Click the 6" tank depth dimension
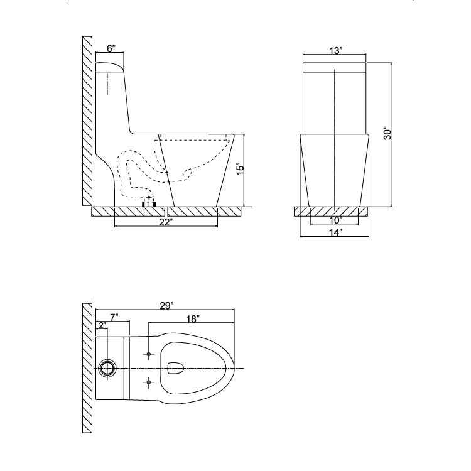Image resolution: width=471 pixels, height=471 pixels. [x=110, y=48]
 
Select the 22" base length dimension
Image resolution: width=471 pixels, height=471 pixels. [x=166, y=222]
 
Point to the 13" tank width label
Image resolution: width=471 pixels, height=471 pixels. [x=335, y=51]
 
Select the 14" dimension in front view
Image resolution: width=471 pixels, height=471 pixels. [x=335, y=233]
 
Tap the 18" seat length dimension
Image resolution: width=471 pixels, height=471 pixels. [x=193, y=319]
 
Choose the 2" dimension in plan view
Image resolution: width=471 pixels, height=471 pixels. [x=101, y=325]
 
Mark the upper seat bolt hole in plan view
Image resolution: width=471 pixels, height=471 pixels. [x=149, y=355]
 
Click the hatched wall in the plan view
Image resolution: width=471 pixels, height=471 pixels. [x=87, y=367]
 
